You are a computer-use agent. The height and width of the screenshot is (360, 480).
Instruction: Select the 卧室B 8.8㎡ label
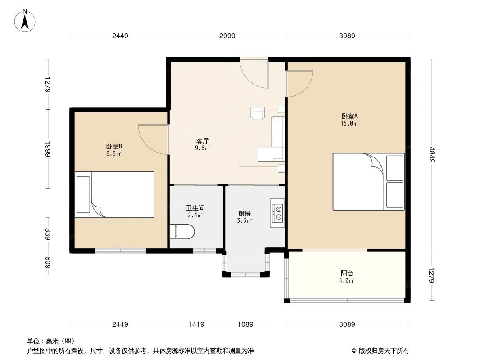(x=114, y=149)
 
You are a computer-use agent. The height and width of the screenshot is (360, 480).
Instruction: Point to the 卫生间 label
(x=195, y=211)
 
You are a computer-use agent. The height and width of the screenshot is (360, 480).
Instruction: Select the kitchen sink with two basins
(x=278, y=213)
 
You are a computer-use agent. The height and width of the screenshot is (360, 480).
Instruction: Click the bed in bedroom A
(x=368, y=181)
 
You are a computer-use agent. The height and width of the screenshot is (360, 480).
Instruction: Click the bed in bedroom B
(x=114, y=195)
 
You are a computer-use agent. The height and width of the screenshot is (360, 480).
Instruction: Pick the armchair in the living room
(x=258, y=113)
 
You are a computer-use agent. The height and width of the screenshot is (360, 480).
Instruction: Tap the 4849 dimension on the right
(x=432, y=155)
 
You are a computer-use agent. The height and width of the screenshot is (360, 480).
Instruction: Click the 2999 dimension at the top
(x=227, y=36)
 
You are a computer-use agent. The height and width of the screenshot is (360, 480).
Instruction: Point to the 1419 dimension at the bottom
(x=196, y=324)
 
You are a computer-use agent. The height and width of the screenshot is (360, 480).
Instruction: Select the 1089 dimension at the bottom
(x=246, y=324)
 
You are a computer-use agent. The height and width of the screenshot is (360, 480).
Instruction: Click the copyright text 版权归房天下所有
(x=380, y=351)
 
